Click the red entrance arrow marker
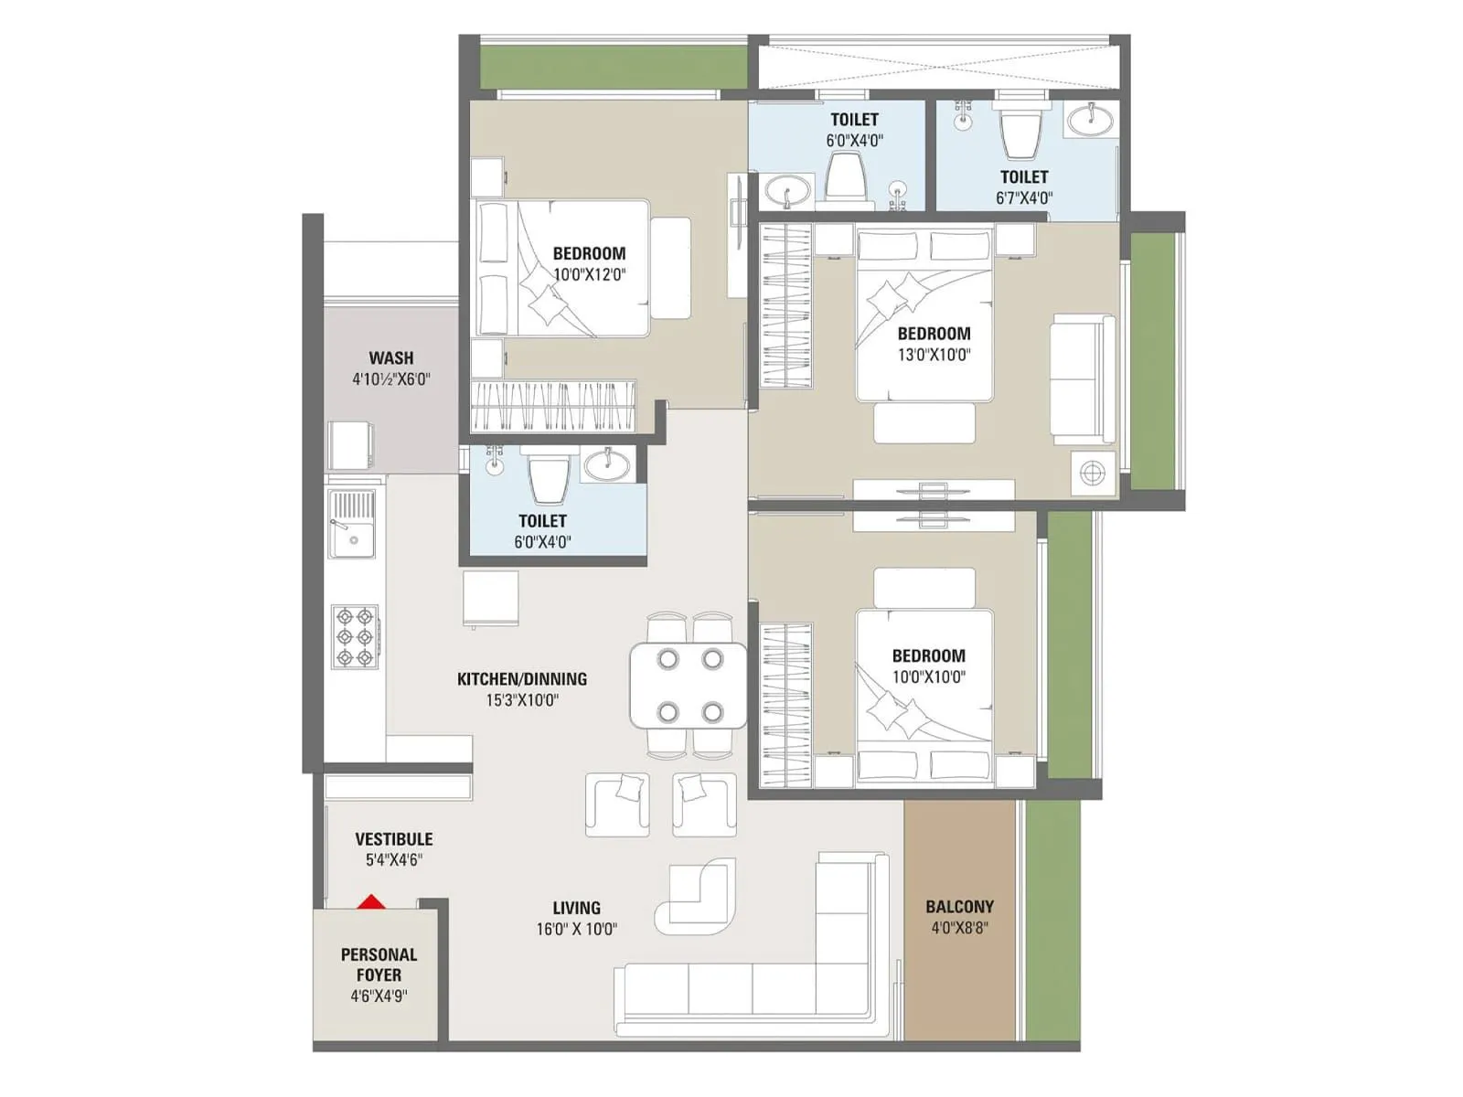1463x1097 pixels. point(370,902)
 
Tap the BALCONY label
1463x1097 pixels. point(959,907)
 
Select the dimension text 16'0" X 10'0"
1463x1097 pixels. point(576,930)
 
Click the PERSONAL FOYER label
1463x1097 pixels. point(379,964)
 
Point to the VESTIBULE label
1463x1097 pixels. point(394,839)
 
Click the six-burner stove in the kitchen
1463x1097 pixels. point(355,636)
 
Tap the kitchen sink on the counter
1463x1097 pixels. point(352,526)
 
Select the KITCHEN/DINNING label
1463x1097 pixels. point(521,679)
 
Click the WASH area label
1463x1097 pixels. point(391,358)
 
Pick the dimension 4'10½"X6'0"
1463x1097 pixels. point(391,379)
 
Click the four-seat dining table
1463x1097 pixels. point(689,685)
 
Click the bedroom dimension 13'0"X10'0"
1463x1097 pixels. point(934,356)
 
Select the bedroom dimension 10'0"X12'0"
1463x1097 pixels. point(589,274)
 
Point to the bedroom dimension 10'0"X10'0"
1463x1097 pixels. point(928,677)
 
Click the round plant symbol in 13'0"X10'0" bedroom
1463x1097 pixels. point(1093,474)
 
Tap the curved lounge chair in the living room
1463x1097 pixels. point(697,893)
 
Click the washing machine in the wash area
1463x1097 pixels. point(349,445)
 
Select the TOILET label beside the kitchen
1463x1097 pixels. point(542,521)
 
